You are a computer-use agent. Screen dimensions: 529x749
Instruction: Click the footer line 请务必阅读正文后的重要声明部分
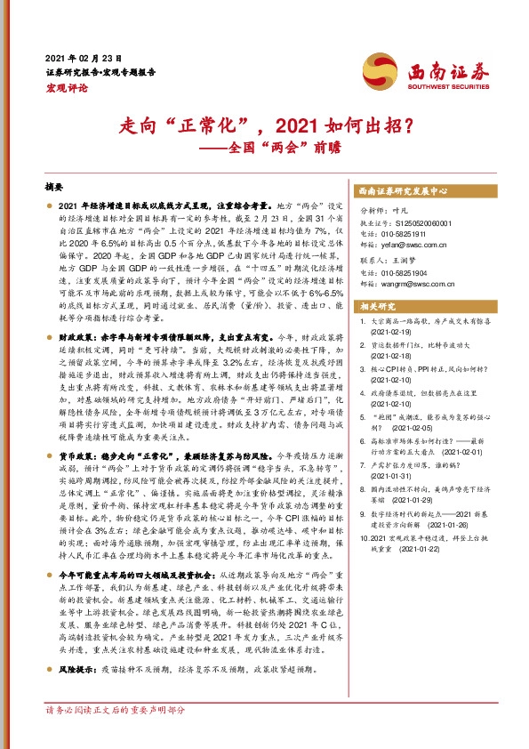pos(116,736)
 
